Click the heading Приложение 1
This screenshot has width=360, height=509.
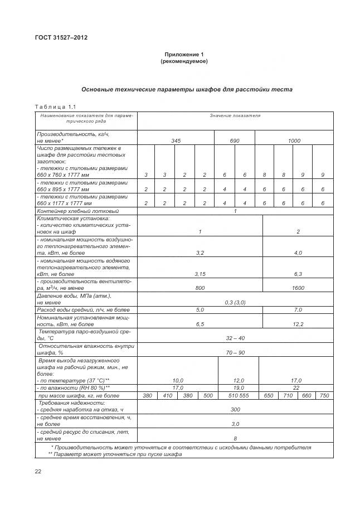(184, 54)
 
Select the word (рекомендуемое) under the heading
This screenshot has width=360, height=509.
(184, 61)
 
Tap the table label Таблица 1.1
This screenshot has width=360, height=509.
(55, 106)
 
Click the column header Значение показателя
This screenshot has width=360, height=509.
(235, 115)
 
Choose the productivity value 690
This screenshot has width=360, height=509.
(235, 141)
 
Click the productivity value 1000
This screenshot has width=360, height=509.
(294, 141)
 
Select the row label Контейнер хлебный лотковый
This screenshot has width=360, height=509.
(77, 211)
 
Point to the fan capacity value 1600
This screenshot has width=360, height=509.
(298, 288)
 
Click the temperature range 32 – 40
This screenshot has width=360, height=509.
(235, 338)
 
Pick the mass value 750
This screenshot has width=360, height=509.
(323, 395)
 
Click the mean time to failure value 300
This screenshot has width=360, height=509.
(235, 409)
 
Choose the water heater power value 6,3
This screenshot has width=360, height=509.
(298, 274)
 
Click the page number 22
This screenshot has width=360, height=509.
(38, 472)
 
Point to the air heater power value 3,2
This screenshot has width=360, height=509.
(200, 253)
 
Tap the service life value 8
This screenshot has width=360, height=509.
(235, 438)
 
